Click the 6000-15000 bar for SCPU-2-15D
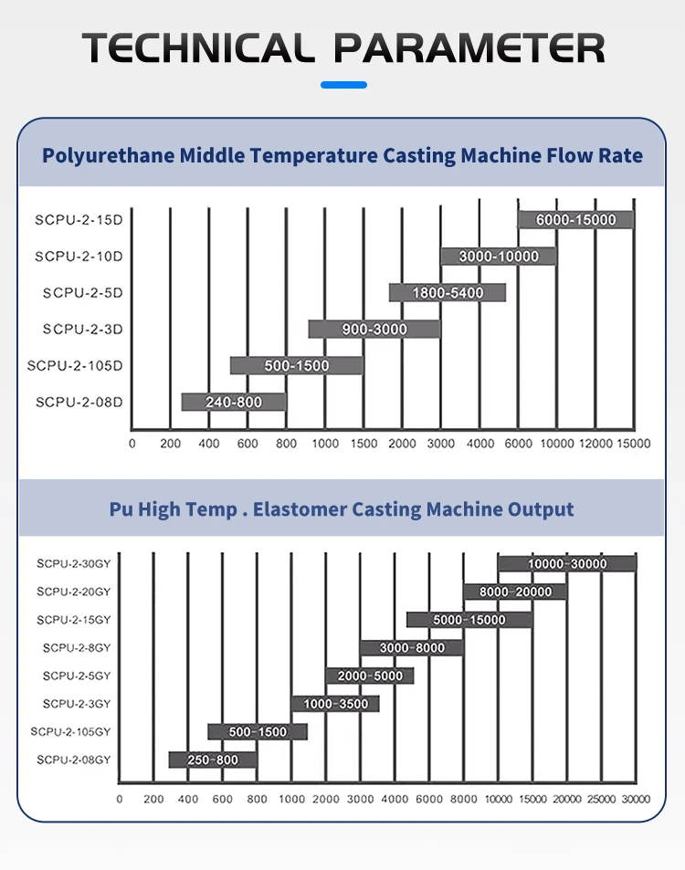(x=575, y=219)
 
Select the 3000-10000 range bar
(x=499, y=257)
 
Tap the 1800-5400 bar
(x=447, y=293)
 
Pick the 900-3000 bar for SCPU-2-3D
(x=374, y=329)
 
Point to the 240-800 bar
(x=234, y=402)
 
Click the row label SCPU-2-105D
(x=75, y=365)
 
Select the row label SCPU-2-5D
(x=82, y=293)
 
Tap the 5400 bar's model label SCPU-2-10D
(x=79, y=257)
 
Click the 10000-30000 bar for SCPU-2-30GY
(x=566, y=563)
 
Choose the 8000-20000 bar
(x=515, y=592)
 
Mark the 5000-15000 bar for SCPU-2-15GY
(x=469, y=620)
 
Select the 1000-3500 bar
(x=335, y=704)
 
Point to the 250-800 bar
(x=213, y=760)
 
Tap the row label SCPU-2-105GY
(x=70, y=731)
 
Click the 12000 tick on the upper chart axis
(x=595, y=444)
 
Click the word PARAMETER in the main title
(x=469, y=47)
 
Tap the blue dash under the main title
(x=344, y=85)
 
